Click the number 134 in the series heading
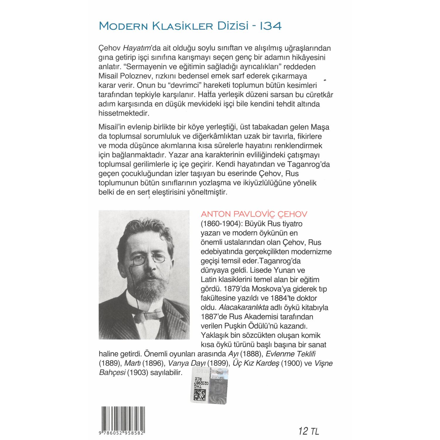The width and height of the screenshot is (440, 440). (271, 26)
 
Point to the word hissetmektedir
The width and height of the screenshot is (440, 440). (124, 113)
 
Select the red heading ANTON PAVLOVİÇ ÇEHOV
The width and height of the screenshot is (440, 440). (254, 214)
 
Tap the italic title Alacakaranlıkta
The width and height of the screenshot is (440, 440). (243, 307)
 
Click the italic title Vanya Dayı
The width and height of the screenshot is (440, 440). (187, 363)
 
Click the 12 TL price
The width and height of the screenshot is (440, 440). (308, 431)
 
